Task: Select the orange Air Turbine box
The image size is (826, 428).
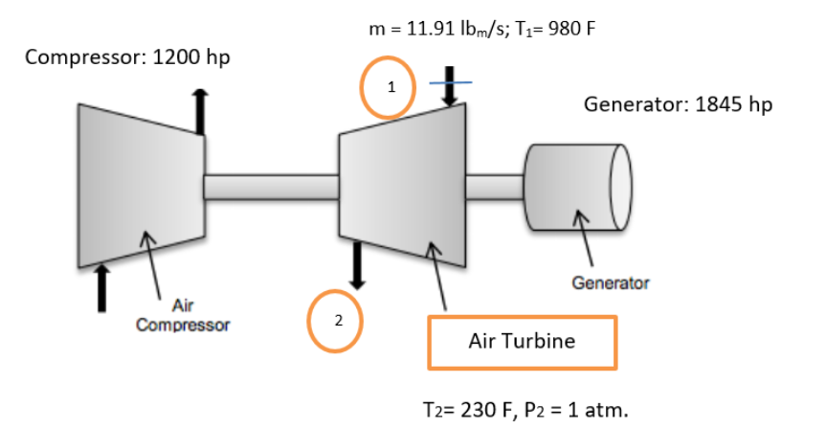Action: (523, 342)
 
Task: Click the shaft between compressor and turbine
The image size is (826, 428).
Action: (270, 188)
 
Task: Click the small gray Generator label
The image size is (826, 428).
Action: (610, 283)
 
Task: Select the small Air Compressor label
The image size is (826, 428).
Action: (182, 315)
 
